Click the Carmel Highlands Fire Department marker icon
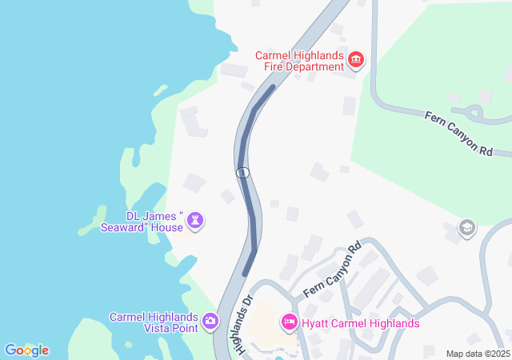pyautogui.click(x=356, y=58)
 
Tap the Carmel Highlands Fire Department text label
pyautogui.click(x=299, y=61)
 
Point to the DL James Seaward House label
pyautogui.click(x=154, y=222)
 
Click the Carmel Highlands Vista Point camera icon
pyautogui.click(x=210, y=322)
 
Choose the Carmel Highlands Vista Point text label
pyautogui.click(x=154, y=322)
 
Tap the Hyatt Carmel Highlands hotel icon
pyautogui.click(x=290, y=322)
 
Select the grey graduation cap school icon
pyautogui.click(x=466, y=229)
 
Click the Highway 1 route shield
pyautogui.click(x=243, y=172)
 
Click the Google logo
pyautogui.click(x=26, y=350)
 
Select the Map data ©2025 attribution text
pyautogui.click(x=478, y=354)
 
